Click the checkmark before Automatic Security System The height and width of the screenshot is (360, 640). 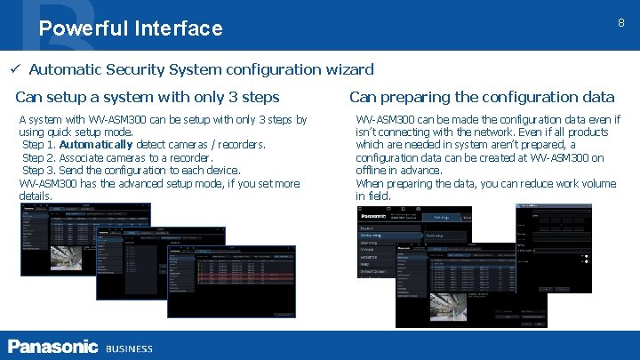pos(15,69)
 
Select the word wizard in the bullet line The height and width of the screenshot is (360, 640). pos(348,69)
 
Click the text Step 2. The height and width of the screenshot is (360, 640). pos(38,157)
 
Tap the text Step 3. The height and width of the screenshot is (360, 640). pos(38,171)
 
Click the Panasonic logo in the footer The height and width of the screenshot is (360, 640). pos(52,347)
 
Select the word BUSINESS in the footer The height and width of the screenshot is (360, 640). pos(129,348)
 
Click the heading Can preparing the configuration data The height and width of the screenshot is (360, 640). pos(481,97)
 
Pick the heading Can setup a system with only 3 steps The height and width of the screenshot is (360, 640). pos(148,97)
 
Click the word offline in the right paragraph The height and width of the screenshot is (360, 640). pos(371,171)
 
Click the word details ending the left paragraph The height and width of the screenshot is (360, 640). pos(36,196)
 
